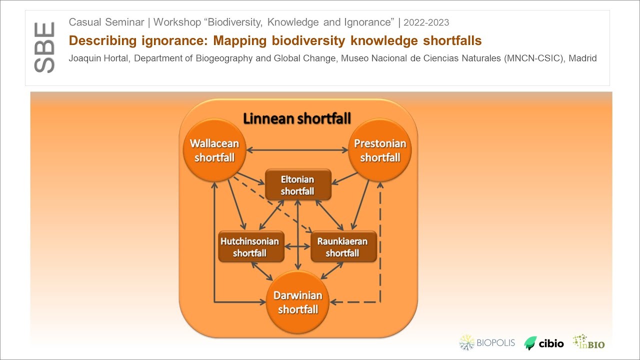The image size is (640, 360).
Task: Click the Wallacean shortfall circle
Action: [x=214, y=150]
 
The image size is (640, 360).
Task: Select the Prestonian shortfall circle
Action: [x=380, y=150]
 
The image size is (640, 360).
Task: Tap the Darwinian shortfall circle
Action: [x=298, y=302]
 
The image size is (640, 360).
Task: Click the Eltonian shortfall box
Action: [x=298, y=185]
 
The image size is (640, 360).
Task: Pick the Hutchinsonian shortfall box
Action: [x=251, y=247]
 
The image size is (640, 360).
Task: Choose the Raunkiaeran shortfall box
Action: [x=343, y=247]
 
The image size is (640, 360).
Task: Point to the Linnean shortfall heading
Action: [x=297, y=118]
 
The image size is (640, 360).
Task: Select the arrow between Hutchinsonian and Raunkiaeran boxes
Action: [x=297, y=247]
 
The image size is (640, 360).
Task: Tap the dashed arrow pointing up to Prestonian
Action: [x=380, y=240]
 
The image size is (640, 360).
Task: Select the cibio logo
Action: [x=544, y=343]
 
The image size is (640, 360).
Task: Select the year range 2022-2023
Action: [x=426, y=22]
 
